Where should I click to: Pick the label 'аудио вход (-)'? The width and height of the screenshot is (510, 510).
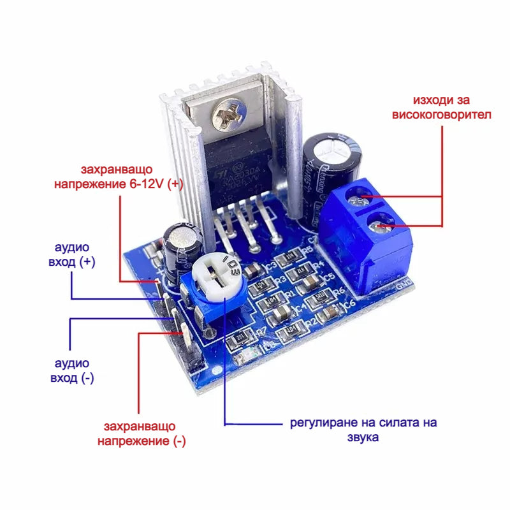[71, 370]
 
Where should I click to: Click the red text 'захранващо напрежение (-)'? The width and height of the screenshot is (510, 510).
[140, 433]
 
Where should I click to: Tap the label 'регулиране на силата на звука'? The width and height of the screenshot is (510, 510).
[364, 430]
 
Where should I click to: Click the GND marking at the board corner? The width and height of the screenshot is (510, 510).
[403, 286]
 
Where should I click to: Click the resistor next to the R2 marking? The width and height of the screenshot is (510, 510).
[293, 330]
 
